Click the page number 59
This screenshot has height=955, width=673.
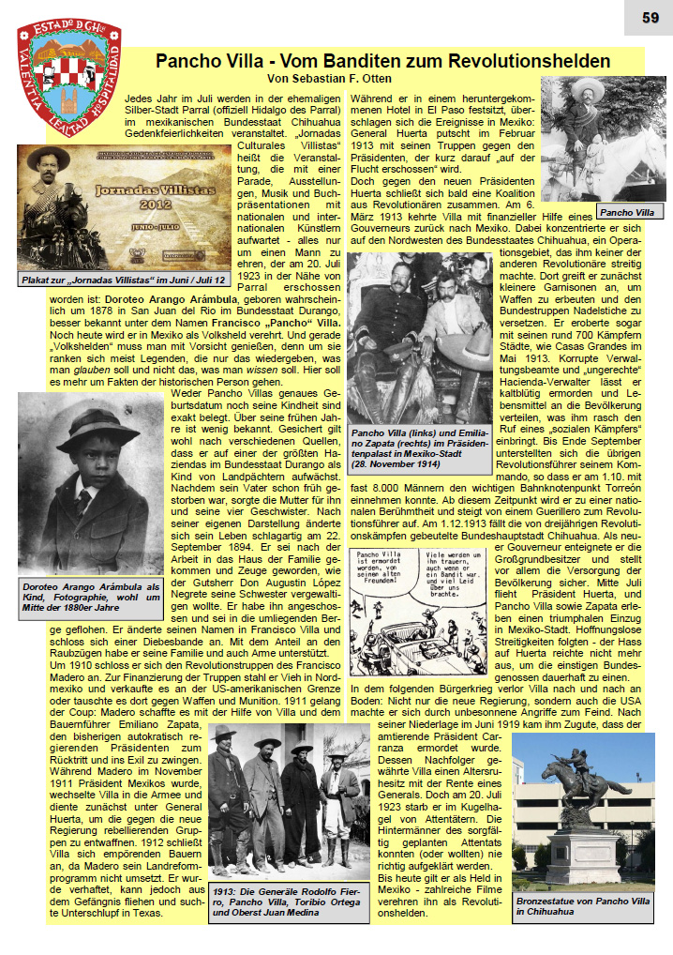650,17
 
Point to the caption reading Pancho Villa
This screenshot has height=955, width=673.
628,212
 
